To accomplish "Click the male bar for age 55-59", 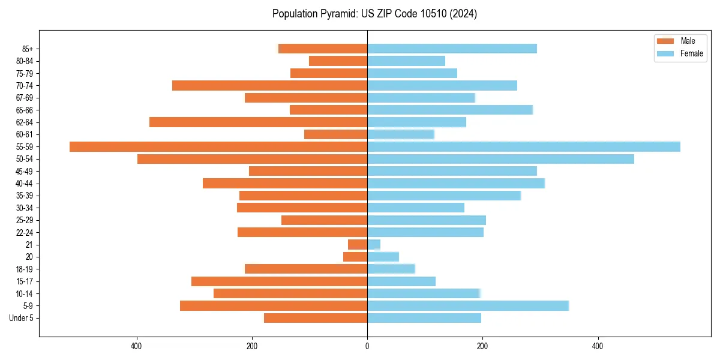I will tap(218, 146).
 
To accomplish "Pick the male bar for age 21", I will tap(358, 244).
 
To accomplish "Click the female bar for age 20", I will tap(383, 257).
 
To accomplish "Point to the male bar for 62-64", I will tap(258, 122).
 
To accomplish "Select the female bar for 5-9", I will tap(468, 305).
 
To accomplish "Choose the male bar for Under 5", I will tap(316, 318).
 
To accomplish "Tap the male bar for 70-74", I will tap(269, 85).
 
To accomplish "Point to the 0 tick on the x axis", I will tap(367, 346).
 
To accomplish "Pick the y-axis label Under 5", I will tap(22, 318).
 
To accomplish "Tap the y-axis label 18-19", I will tap(25, 269).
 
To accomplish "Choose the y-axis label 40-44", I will tap(25, 183).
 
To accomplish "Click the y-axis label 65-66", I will tap(25, 110).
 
